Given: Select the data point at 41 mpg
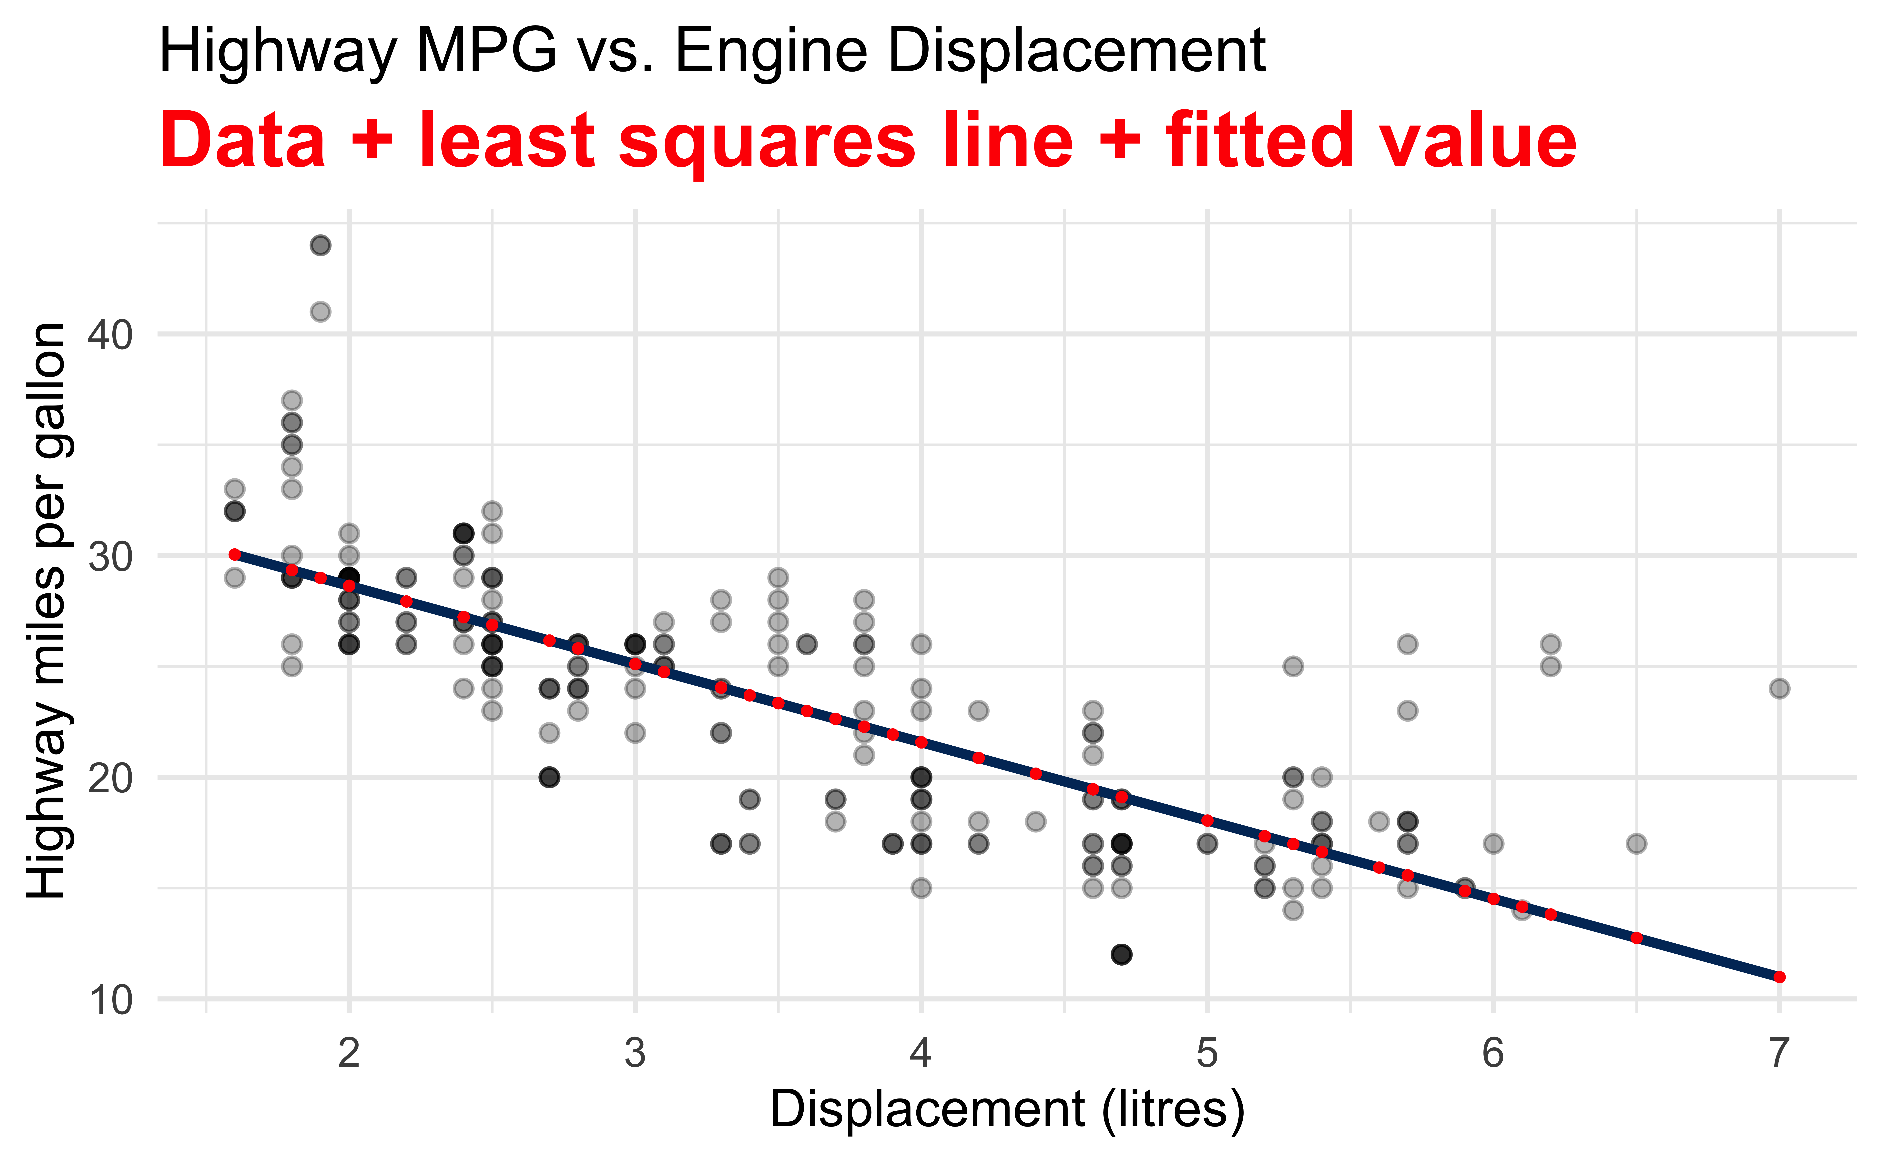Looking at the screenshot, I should point(320,312).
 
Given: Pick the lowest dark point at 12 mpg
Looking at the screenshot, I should point(1121,955).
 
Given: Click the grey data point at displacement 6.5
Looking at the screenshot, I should point(1636,844).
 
